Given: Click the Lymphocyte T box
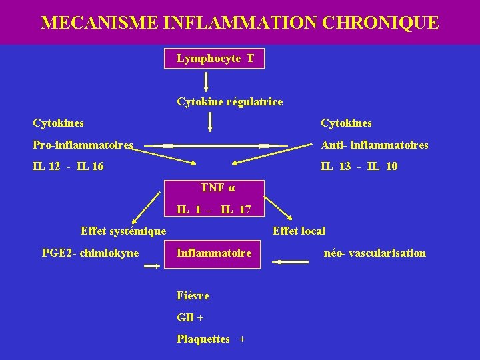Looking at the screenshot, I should (x=214, y=59).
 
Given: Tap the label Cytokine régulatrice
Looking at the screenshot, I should (x=229, y=102).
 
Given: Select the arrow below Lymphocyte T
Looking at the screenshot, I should (x=206, y=81).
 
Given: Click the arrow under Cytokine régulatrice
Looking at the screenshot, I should (x=211, y=122).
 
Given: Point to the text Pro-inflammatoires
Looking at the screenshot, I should (x=83, y=145).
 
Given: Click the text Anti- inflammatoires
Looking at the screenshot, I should (x=375, y=145).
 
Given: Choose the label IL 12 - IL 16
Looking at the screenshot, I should (x=68, y=166).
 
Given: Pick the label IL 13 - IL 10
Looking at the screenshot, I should (x=359, y=166).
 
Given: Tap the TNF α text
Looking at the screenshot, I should (x=218, y=187).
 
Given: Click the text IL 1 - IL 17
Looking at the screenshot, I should (x=214, y=209).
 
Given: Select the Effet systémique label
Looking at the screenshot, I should (x=123, y=231).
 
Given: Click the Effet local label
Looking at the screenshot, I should (x=299, y=231).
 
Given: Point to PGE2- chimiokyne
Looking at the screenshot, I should (x=90, y=253).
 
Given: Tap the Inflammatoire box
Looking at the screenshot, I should (x=214, y=253).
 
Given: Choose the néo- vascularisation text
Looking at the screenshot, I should (x=375, y=253).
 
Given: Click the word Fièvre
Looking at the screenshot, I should (x=193, y=295).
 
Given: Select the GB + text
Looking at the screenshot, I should (x=190, y=317).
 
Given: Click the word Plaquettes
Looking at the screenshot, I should (x=203, y=339).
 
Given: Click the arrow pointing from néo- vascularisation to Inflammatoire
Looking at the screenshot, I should (x=291, y=262).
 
